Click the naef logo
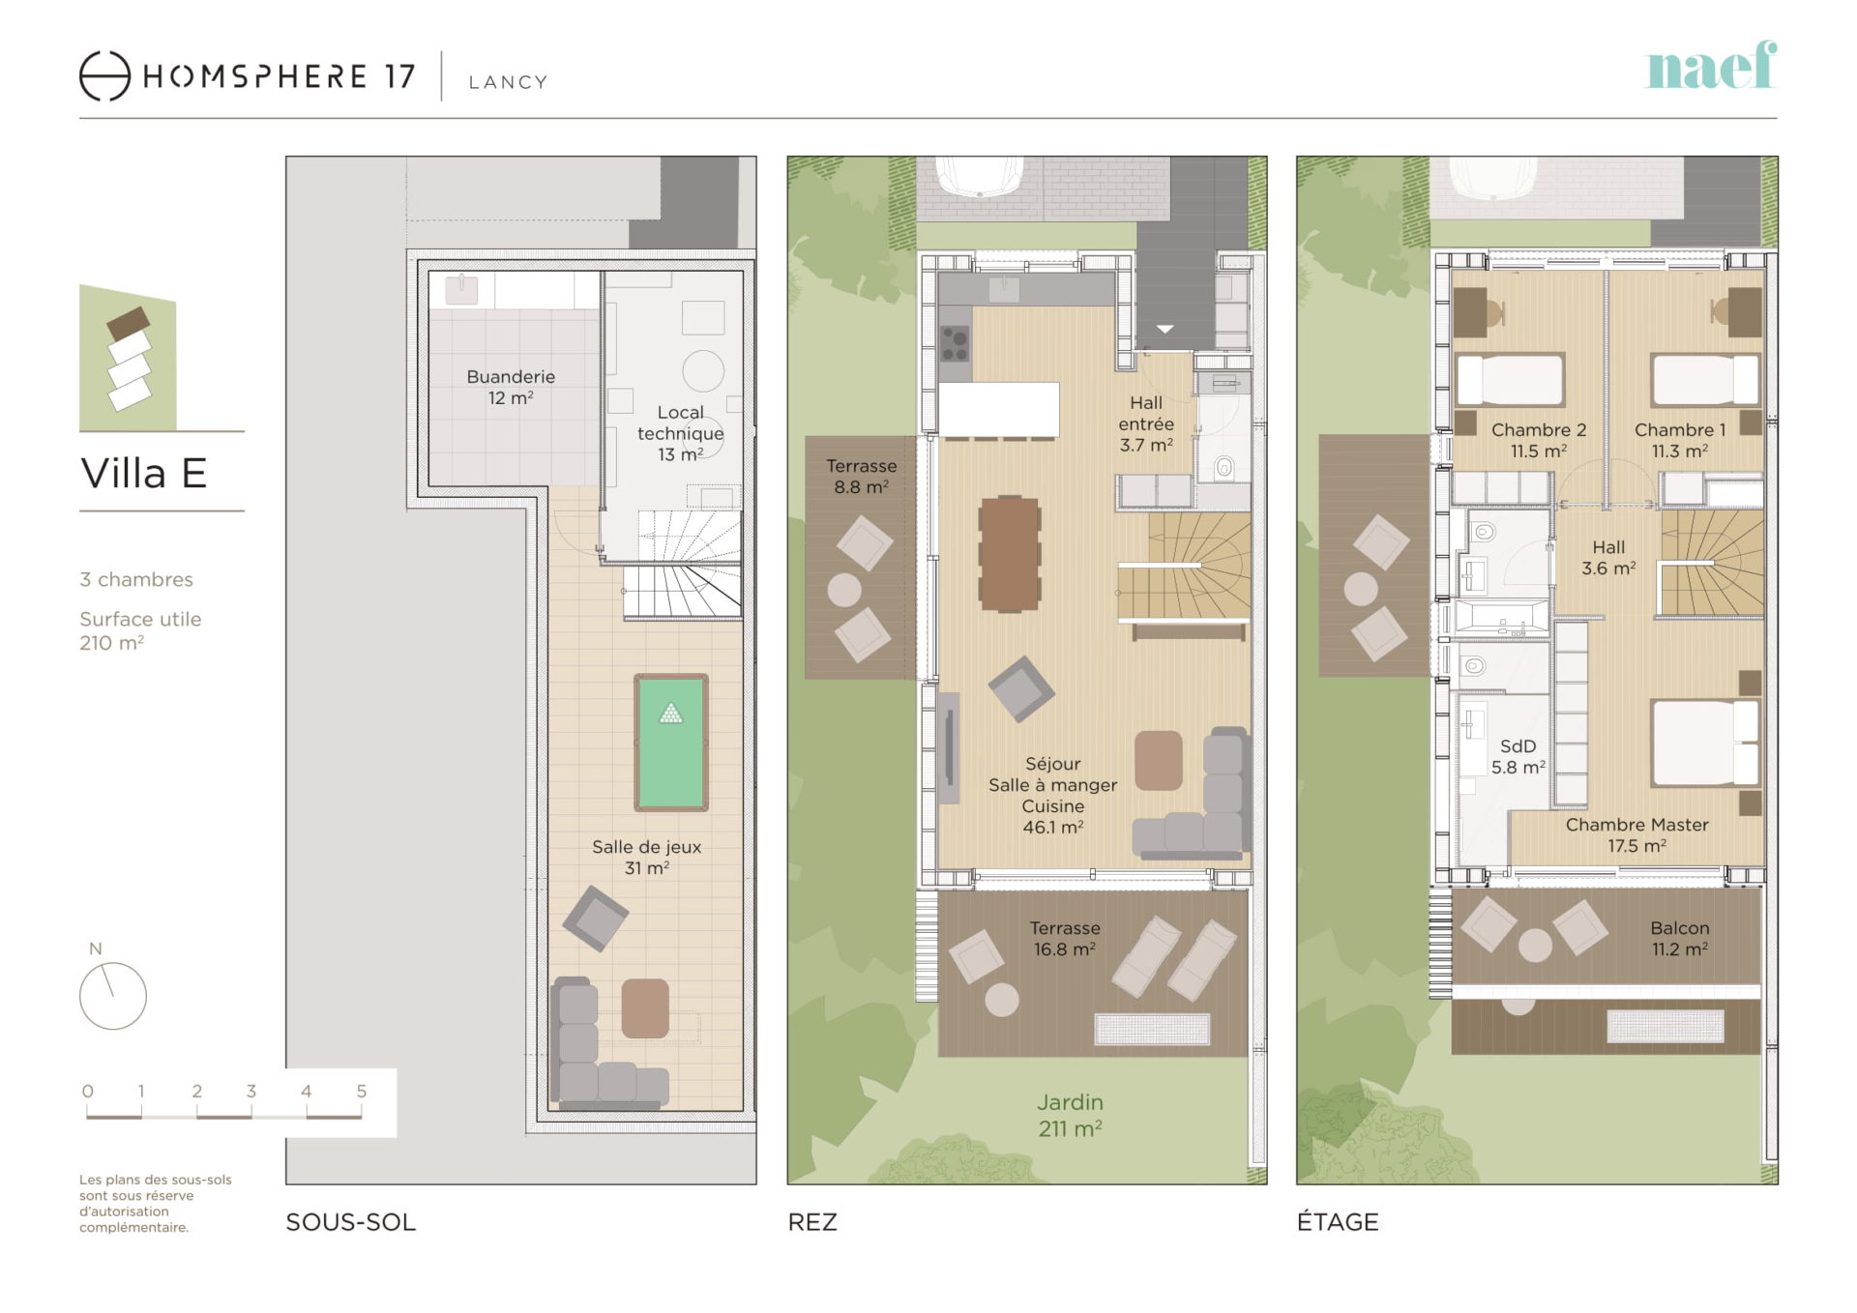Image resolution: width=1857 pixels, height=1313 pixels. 1711,66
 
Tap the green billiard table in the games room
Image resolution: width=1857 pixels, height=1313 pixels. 671,743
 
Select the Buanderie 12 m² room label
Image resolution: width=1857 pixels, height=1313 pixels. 511,387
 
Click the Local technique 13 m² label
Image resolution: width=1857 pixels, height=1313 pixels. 680,433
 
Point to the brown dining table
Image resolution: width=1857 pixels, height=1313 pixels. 1010,554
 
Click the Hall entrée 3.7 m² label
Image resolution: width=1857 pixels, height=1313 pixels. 1146,423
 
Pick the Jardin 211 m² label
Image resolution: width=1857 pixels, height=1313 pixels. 1071,1115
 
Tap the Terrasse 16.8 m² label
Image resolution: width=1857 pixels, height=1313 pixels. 1065,939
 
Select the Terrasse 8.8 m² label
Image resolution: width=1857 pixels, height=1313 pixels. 862,476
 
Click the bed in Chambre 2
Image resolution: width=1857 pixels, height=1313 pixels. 1510,379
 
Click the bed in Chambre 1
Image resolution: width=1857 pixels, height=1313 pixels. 1706,379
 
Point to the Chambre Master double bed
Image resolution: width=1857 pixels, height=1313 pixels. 1705,743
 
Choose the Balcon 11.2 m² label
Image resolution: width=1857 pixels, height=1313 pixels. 1680,939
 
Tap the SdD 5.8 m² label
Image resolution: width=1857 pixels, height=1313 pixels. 1518,756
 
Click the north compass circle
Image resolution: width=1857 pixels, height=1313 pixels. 113,995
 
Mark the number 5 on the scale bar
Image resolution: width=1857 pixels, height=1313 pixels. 362,1091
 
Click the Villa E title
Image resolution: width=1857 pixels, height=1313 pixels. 144,474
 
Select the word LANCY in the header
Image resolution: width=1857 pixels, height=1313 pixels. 509,82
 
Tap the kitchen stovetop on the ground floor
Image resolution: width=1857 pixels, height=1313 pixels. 955,341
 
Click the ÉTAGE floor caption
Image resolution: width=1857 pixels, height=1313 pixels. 1338,1221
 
